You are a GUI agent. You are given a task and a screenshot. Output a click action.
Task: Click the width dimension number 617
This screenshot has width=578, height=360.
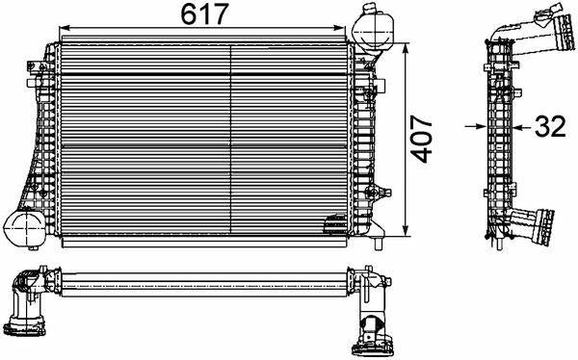coord(205,14)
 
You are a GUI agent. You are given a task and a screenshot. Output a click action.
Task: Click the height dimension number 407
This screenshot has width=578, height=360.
coord(422,139)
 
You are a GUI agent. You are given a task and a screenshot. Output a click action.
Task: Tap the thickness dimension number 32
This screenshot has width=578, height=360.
coord(550,126)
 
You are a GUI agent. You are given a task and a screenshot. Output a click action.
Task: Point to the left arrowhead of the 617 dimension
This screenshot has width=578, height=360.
coord(65,28)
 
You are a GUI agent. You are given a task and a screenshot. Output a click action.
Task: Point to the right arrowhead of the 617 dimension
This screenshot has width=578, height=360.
coord(339,28)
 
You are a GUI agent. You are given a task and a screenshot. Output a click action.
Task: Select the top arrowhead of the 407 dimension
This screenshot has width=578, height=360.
coord(406,49)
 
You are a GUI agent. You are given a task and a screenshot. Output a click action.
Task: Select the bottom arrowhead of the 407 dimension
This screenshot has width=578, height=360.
coord(406,230)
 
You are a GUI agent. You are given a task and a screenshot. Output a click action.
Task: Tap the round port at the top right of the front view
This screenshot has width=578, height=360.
coord(373,33)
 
